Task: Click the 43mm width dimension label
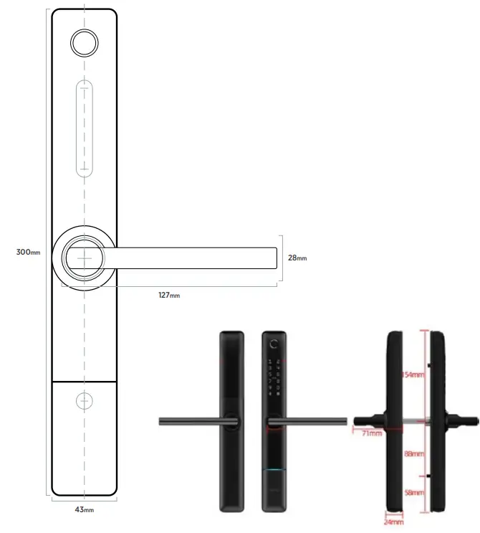tap(84, 509)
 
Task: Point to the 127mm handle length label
tap(169, 295)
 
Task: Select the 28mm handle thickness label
tap(297, 258)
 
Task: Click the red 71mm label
tap(370, 433)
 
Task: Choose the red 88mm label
tap(413, 454)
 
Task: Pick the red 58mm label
tap(413, 493)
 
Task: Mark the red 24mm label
tap(394, 523)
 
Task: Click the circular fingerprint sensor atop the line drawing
tap(84, 43)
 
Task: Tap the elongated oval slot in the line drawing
tap(84, 129)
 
